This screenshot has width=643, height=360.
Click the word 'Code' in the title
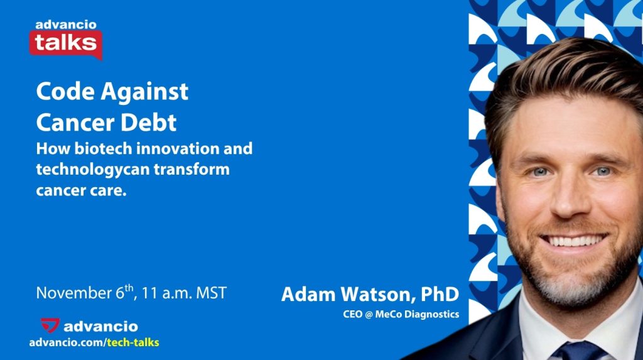pyautogui.click(x=65, y=91)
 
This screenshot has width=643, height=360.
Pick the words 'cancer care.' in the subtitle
pyautogui.click(x=81, y=190)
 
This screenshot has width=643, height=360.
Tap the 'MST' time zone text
pyautogui.click(x=211, y=293)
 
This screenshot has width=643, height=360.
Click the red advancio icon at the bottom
pyautogui.click(x=50, y=325)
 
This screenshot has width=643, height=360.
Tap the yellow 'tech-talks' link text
pyautogui.click(x=133, y=342)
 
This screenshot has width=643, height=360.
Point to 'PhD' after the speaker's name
pyautogui.click(x=440, y=294)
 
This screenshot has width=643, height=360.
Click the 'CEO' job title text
pyautogui.click(x=353, y=314)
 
